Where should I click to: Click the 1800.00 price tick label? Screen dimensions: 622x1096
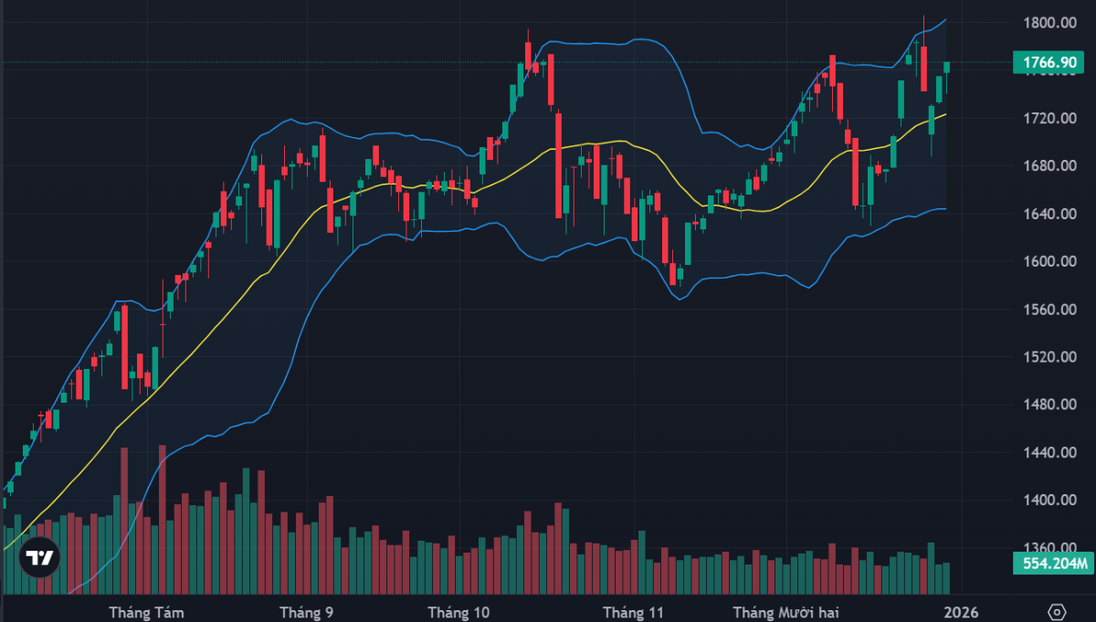tap(1048, 23)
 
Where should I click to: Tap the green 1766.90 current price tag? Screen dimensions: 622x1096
tap(1048, 63)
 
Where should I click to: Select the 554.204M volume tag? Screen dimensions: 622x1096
tap(1048, 563)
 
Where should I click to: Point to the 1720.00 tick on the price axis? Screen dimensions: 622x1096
tap(1048, 119)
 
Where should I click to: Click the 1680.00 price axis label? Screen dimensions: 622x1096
tap(1048, 166)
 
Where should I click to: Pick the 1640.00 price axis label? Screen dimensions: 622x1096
tap(1048, 214)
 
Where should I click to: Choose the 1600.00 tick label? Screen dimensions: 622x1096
tap(1048, 261)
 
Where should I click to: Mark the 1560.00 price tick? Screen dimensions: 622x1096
tap(1048, 310)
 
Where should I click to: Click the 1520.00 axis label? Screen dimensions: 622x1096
tap(1048, 357)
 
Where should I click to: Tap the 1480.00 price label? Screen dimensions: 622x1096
tap(1048, 405)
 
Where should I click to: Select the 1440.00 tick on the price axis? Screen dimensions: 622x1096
tap(1048, 452)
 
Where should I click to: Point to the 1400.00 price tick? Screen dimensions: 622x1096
tap(1048, 500)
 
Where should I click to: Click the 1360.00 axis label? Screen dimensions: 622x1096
tap(1048, 547)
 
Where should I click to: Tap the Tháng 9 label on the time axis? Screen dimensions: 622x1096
tap(306, 611)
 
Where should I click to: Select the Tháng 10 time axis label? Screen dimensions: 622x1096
tap(459, 611)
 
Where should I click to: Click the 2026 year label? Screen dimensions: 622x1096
tap(961, 611)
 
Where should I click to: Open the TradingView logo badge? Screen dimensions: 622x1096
tap(39, 556)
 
